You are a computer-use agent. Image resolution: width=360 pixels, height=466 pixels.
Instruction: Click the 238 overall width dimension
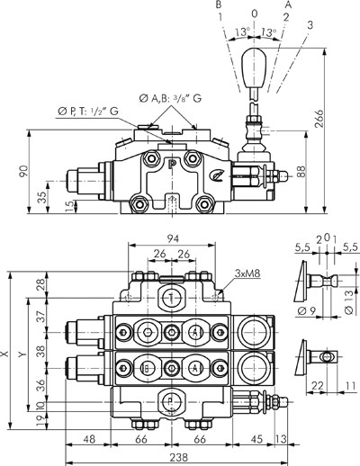178,457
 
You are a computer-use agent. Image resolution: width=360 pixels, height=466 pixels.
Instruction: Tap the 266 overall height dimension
319,119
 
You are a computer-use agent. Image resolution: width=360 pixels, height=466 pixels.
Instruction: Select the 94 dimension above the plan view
173,238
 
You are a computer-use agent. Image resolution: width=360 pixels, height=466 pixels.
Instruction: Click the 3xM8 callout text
247,273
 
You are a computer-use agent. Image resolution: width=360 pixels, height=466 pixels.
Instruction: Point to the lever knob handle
254,68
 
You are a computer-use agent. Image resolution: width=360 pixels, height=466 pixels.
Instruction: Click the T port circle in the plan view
171,298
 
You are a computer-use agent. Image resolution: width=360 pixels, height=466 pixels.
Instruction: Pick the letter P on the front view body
172,165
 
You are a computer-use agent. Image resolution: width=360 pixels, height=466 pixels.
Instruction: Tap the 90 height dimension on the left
24,172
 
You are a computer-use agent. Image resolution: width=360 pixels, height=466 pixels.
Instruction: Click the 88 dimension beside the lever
301,172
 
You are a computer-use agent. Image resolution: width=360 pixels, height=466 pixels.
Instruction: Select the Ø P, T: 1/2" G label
88,112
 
